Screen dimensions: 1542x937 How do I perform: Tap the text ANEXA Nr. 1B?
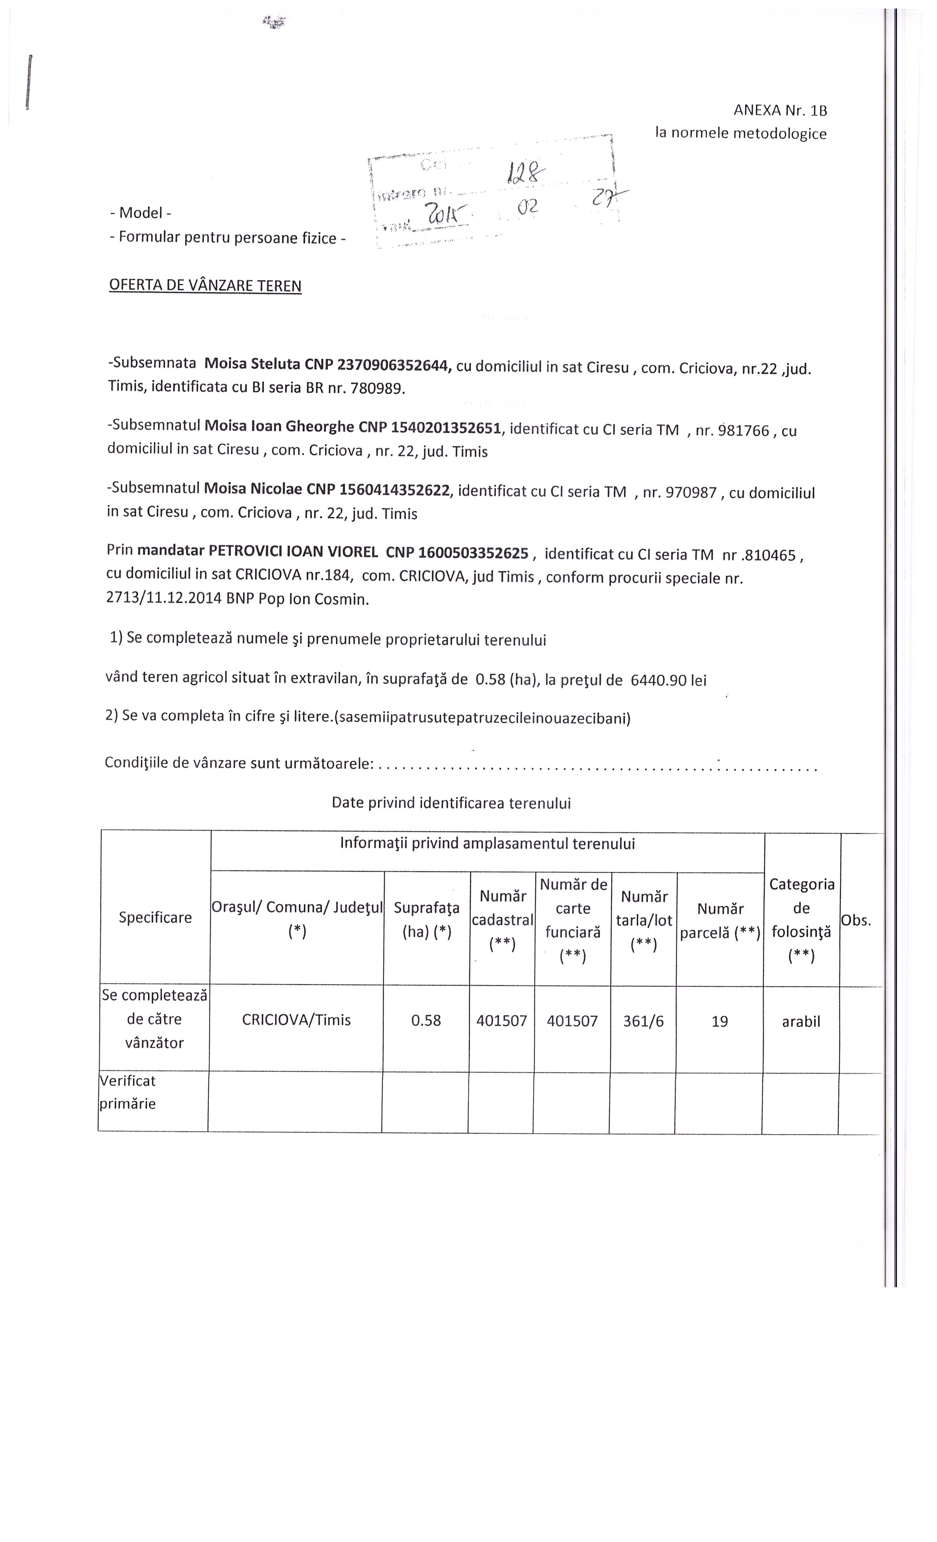click(x=780, y=111)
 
